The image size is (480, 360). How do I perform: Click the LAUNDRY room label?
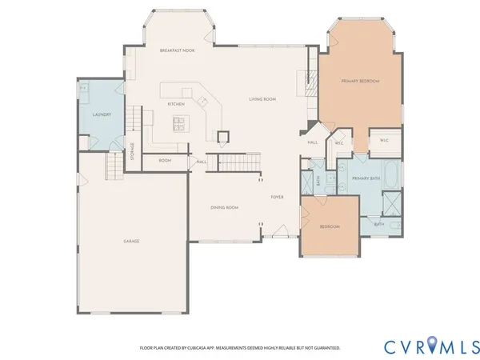102,114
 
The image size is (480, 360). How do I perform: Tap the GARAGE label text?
132,241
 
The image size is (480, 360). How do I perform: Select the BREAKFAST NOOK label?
177,50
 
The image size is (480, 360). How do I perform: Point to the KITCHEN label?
176,104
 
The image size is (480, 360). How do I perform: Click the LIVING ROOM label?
262,98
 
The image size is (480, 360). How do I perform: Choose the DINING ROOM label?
225,207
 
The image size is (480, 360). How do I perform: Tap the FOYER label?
277,196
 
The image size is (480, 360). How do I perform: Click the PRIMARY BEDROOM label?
360,82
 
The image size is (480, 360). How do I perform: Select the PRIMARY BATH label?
366,178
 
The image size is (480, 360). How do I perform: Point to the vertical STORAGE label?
133,151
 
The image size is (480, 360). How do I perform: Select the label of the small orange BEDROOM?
330,226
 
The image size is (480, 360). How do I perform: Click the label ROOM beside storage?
165,161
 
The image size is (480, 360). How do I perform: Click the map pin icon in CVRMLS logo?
433,346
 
